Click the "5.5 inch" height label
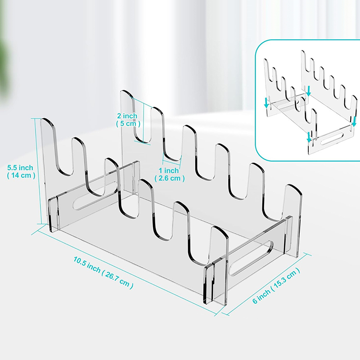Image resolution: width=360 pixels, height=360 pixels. (20, 167)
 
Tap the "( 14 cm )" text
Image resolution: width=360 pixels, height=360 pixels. (21, 175)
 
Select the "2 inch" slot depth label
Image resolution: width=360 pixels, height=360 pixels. (127, 116)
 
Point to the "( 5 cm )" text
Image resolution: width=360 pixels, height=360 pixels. (128, 123)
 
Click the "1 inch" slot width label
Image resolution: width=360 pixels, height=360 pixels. (169, 171)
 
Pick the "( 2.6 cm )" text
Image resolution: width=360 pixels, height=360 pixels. (170, 178)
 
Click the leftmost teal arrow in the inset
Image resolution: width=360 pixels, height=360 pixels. (266, 103)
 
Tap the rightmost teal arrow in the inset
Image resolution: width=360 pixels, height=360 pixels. (354, 121)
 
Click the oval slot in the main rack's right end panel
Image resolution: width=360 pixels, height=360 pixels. (251, 257)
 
